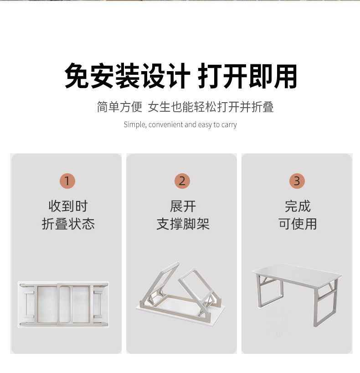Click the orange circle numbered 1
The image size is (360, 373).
click(67, 181)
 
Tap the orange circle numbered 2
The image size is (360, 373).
click(182, 181)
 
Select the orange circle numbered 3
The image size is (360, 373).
click(297, 181)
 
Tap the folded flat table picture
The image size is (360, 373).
click(63, 304)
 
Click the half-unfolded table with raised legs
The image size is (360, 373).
click(181, 292)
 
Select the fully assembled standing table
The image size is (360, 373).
click(297, 295)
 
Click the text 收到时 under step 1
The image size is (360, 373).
click(68, 206)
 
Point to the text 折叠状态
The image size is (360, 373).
click(68, 224)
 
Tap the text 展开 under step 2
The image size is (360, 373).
click(183, 206)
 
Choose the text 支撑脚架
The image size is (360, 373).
click(183, 224)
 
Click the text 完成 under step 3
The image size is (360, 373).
click(298, 206)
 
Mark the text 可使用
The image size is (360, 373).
click(298, 224)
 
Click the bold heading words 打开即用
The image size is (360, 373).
click(247, 76)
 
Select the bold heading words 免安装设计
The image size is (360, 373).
click(127, 76)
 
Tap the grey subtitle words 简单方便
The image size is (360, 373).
click(119, 107)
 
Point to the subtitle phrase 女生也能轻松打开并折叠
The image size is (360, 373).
click(211, 107)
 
